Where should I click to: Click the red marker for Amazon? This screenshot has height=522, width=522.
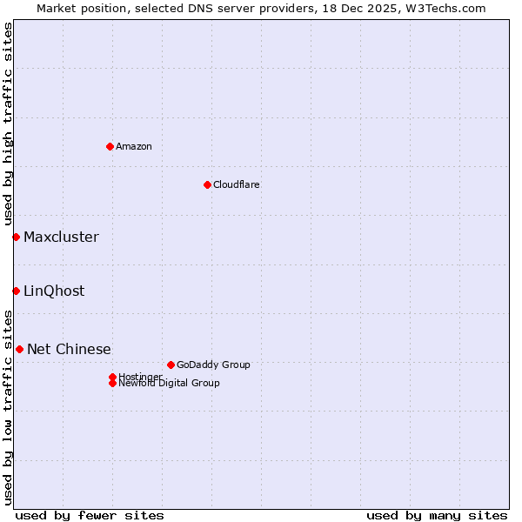[110, 146]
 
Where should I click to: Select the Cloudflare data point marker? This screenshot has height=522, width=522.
[207, 184]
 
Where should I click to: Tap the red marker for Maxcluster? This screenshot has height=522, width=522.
[16, 237]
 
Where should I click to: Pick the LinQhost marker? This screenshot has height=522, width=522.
[16, 291]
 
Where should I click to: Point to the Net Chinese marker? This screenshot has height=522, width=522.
[19, 349]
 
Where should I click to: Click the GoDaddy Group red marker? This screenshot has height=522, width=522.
[171, 365]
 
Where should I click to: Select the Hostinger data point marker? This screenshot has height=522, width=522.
[112, 377]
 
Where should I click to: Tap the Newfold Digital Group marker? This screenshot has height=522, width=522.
[112, 383]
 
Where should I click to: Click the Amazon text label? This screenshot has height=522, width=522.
[134, 146]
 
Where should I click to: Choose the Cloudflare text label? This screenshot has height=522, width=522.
[237, 184]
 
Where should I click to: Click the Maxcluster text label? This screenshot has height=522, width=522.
[61, 237]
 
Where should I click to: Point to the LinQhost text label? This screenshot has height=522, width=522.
[54, 291]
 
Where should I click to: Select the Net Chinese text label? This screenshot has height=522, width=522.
[69, 349]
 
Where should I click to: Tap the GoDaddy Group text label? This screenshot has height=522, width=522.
[213, 365]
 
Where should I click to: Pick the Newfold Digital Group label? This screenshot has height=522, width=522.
[170, 384]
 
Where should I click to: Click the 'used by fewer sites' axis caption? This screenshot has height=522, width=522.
[90, 515]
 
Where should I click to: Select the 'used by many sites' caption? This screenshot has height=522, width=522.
[437, 515]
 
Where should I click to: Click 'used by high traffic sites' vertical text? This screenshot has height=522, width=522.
[8, 124]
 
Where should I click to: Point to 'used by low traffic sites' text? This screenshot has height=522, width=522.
[8, 407]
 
